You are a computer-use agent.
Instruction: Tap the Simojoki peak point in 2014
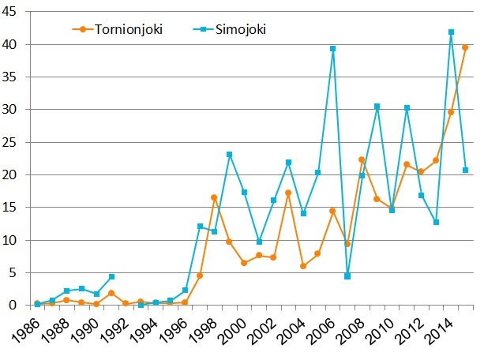(x=451, y=32)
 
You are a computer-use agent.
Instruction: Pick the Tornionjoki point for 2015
(x=466, y=48)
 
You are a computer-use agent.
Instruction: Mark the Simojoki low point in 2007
(x=347, y=276)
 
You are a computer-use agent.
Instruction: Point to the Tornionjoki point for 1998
(x=215, y=197)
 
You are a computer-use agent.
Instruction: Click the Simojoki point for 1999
(x=230, y=155)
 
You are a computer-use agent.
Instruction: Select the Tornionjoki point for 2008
(x=362, y=159)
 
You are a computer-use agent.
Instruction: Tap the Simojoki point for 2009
(x=377, y=107)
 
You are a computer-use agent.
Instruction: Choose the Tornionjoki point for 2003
(x=288, y=193)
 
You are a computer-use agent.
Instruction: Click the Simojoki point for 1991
(x=111, y=277)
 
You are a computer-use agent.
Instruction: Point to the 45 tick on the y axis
(x=15, y=12)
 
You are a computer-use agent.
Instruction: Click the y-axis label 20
(x=15, y=174)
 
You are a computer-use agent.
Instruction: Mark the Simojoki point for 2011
(x=407, y=108)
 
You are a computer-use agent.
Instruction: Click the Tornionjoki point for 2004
(x=303, y=266)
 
